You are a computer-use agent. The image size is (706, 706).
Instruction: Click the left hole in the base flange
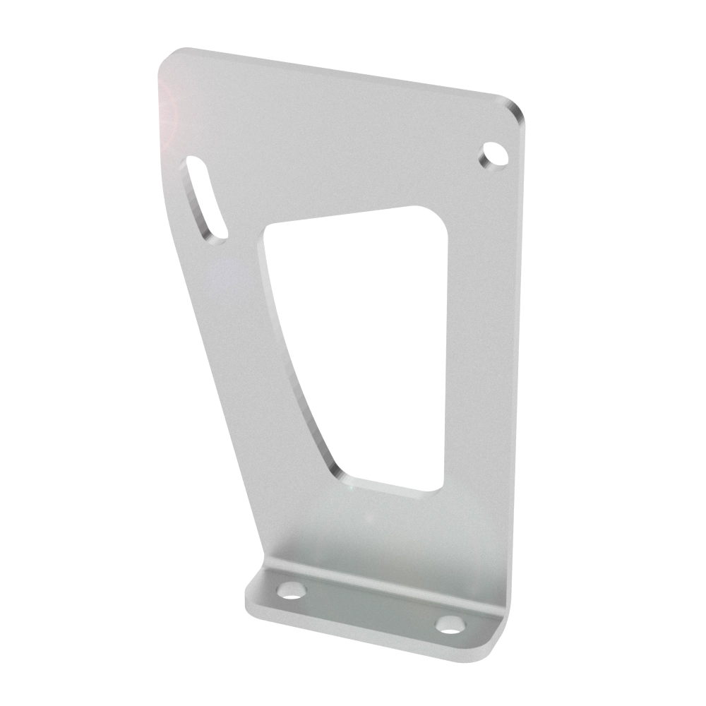(x=289, y=590)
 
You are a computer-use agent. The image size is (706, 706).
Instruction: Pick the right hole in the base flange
(x=449, y=624)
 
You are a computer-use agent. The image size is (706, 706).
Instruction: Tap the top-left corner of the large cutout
(x=269, y=229)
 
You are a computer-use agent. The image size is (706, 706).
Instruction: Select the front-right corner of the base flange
(x=494, y=653)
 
